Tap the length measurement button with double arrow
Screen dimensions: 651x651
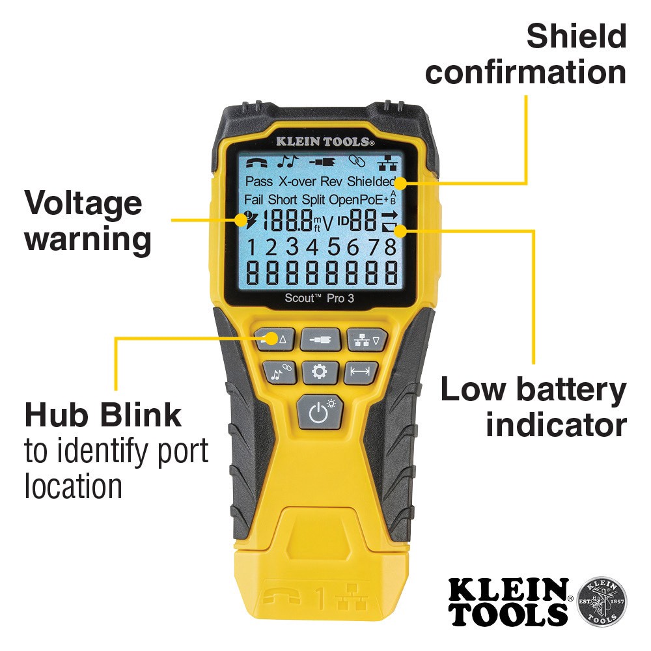coord(360,372)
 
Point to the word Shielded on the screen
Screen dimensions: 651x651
coord(371,181)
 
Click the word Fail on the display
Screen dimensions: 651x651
coord(254,199)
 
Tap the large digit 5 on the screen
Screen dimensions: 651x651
coord(335,247)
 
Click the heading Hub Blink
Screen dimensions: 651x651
coord(103,414)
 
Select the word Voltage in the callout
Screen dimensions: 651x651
coord(83,203)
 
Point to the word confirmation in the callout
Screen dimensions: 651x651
coord(525,72)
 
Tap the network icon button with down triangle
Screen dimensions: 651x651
coord(367,339)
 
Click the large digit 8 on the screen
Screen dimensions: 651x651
coord(389,247)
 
